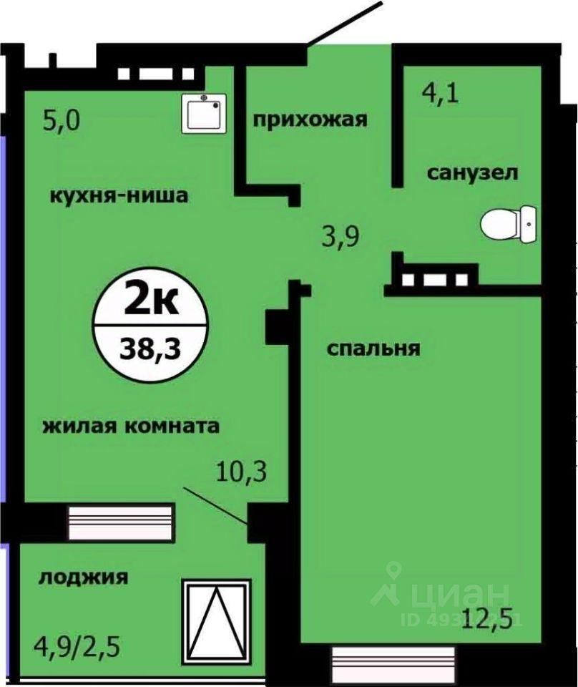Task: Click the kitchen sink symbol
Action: [x=203, y=113]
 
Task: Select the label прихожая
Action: [x=310, y=119]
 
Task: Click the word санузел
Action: [x=473, y=172]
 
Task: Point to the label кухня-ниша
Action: [x=119, y=195]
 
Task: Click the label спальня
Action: [x=373, y=349]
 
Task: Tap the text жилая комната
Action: [x=131, y=427]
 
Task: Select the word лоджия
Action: [x=84, y=577]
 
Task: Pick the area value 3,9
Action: [x=338, y=235]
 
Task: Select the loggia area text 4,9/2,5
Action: [x=76, y=651]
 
